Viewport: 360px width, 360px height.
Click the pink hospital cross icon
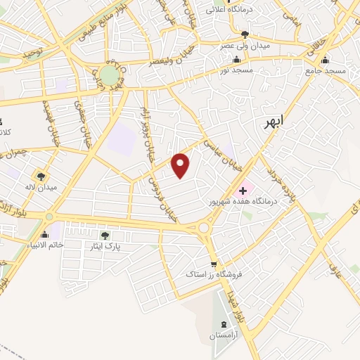tap(243, 189)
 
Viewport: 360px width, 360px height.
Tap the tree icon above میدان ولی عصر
tap(244, 34)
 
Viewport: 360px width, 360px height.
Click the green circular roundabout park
tap(109, 75)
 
